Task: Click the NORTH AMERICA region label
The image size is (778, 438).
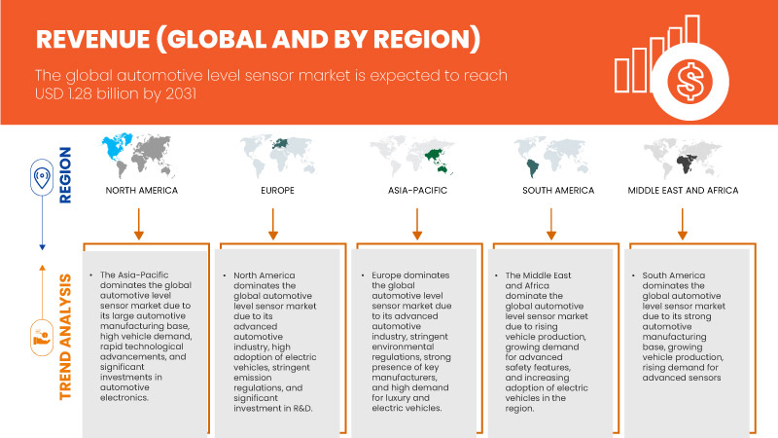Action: click(142, 191)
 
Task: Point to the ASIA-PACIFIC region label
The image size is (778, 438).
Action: click(417, 191)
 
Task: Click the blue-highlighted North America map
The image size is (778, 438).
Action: click(141, 156)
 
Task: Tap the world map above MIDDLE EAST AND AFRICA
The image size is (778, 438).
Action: click(686, 156)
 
